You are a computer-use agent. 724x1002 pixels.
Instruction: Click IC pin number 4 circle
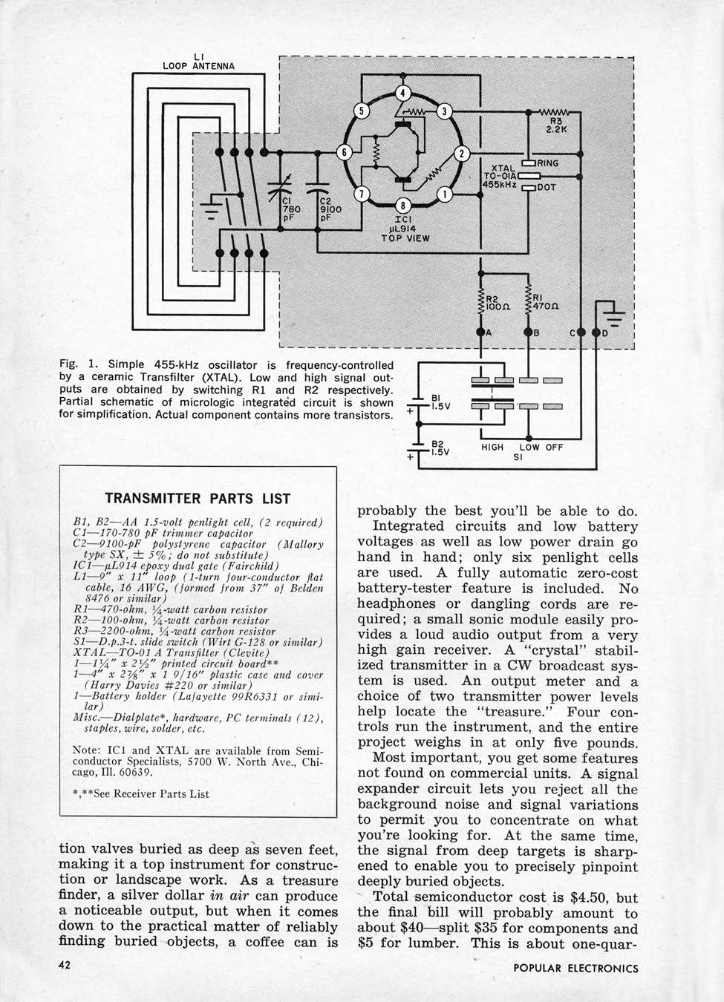(402, 93)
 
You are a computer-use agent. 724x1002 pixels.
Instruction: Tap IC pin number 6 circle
(345, 152)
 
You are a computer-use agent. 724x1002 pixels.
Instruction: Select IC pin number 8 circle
(402, 206)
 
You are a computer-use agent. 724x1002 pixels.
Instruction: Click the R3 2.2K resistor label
(556, 124)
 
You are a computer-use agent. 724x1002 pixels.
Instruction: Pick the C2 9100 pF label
(330, 209)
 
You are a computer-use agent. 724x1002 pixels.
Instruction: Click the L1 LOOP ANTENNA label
(198, 61)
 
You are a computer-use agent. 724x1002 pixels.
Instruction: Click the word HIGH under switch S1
(492, 447)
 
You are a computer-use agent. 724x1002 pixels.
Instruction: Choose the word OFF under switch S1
(554, 447)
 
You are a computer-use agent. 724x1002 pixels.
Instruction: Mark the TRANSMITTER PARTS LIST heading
(198, 498)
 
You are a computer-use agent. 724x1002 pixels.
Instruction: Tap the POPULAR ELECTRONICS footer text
(575, 968)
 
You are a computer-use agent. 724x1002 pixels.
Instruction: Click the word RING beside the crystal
(548, 163)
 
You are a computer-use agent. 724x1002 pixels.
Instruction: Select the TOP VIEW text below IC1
(405, 238)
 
